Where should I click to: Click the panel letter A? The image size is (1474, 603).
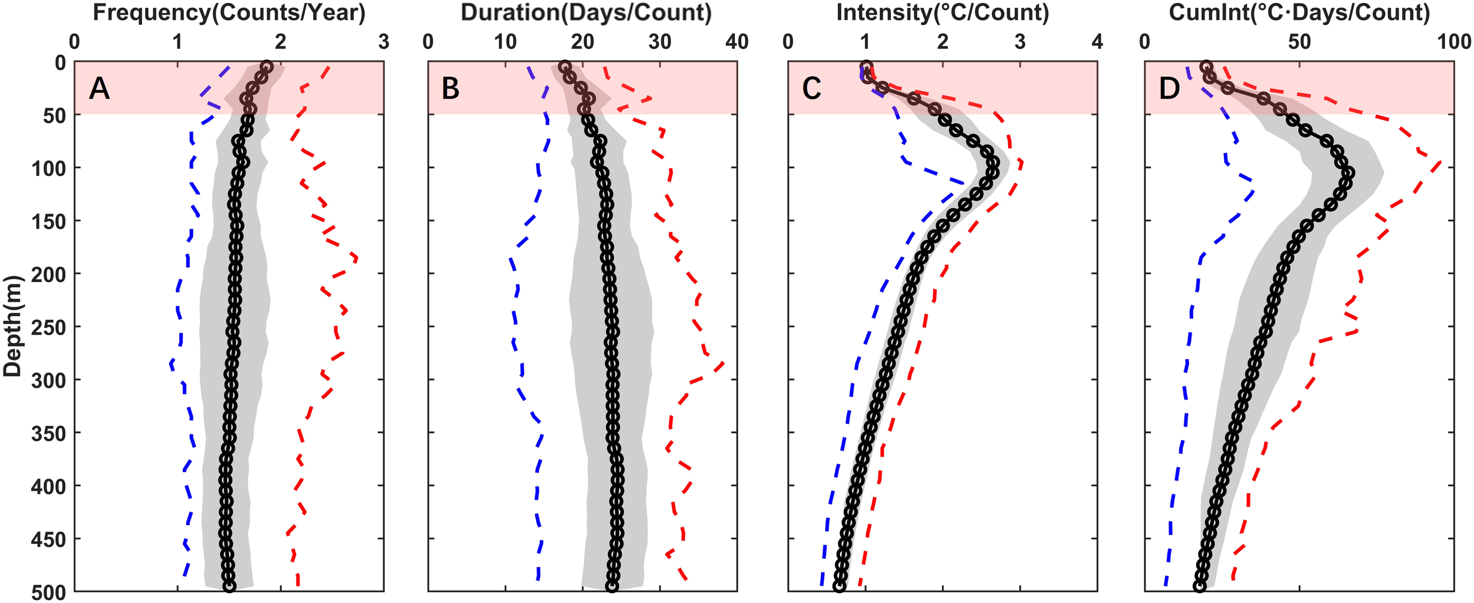[100, 89]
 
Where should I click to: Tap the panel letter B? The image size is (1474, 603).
[450, 89]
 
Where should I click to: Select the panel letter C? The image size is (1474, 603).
[811, 89]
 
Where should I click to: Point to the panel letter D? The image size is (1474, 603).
[1169, 89]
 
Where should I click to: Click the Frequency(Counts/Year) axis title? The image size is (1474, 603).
[229, 13]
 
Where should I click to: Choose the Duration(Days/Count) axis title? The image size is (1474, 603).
[586, 13]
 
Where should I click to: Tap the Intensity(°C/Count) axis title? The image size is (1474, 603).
[943, 13]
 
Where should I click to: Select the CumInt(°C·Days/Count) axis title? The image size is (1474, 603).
[1299, 13]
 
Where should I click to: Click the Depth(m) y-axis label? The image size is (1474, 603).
[12, 326]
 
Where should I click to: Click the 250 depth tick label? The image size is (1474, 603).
[48, 327]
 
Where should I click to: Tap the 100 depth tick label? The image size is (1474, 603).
[48, 168]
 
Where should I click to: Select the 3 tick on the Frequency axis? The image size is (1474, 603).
[384, 42]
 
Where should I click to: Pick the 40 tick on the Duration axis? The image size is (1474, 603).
[737, 42]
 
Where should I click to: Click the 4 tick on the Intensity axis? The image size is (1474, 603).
[1097, 42]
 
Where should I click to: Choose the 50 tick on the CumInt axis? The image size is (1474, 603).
[1299, 42]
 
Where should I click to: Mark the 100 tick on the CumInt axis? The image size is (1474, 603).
[1454, 42]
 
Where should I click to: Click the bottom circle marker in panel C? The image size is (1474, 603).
[839, 586]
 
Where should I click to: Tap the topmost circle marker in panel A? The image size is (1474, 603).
[266, 67]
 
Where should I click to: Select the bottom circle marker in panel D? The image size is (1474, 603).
[1199, 586]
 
